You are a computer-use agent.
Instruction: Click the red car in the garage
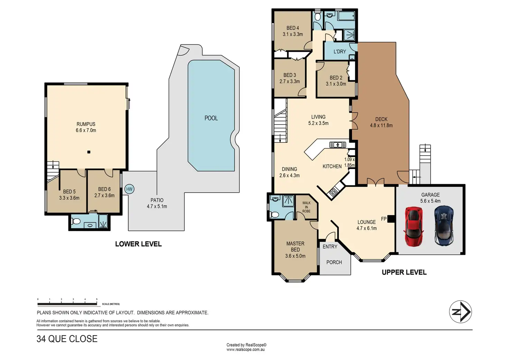(414, 227)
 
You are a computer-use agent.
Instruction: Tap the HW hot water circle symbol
(129, 189)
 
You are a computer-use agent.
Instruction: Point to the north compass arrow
(460, 312)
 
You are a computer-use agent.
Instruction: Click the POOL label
(211, 118)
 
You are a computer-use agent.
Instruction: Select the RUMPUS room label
(86, 124)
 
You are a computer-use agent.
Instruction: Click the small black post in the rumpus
(89, 152)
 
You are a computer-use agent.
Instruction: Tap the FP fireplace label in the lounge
(383, 219)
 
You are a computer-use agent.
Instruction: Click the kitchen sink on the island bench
(338, 145)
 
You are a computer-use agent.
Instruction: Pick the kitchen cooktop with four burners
(333, 192)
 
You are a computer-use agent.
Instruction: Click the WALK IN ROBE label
(306, 207)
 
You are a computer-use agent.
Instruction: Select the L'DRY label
(340, 52)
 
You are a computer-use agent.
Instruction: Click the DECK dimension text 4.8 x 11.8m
(381, 126)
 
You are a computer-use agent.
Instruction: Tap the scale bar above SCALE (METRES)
(67, 304)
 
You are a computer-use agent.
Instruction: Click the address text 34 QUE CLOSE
(67, 339)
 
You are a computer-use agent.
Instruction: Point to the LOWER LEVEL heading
(138, 244)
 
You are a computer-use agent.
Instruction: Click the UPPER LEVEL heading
(404, 272)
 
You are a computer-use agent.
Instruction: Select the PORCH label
(334, 262)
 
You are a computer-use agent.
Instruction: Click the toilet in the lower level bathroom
(75, 221)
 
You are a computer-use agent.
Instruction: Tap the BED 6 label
(104, 189)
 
